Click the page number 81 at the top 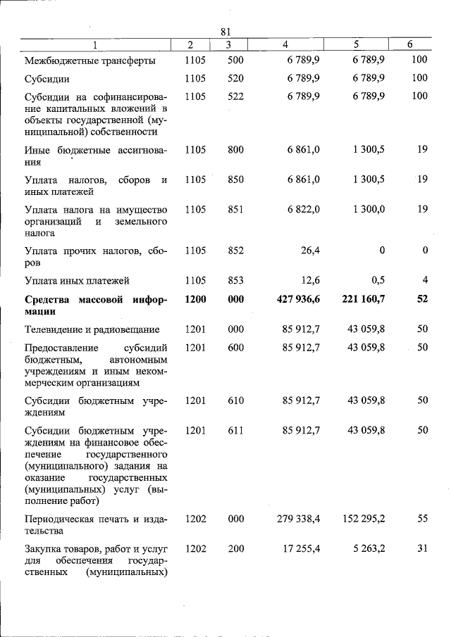click(x=225, y=32)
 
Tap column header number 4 click(x=285, y=44)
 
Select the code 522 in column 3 click(x=235, y=96)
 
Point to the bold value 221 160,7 click(x=363, y=299)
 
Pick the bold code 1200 click(x=195, y=299)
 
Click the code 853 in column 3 click(x=235, y=280)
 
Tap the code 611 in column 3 click(x=235, y=429)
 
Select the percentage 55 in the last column click(x=422, y=519)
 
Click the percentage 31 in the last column click(x=422, y=548)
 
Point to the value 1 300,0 click(x=366, y=209)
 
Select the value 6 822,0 click(x=304, y=209)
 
